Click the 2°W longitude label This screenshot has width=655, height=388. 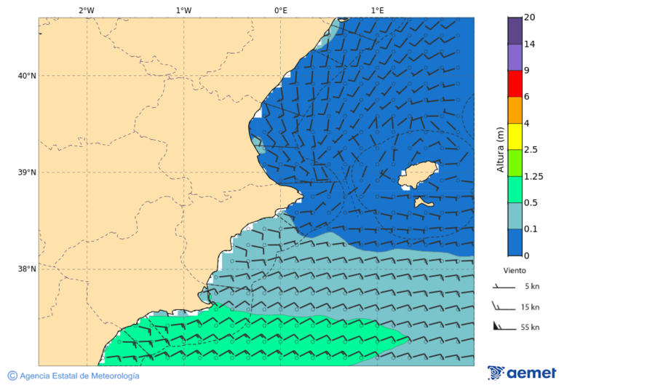tap(86, 10)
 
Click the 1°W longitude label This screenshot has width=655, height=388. tap(183, 10)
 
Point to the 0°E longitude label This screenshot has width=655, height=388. tap(280, 10)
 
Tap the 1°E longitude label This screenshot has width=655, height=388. tap(377, 10)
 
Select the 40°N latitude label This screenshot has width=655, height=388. tap(26, 76)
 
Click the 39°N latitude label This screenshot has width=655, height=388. tap(26, 173)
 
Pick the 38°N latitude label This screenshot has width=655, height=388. tap(26, 269)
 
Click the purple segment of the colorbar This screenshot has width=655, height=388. tap(515, 57)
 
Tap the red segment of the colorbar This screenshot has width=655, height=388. tap(515, 83)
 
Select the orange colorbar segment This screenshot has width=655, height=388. tap(515, 110)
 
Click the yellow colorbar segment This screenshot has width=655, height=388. tap(515, 136)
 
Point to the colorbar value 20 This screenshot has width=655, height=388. tap(529, 18)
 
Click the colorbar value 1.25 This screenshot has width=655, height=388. tap(533, 176)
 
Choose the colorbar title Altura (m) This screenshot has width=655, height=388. tap(500, 149)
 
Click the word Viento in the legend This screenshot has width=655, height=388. tap(515, 270)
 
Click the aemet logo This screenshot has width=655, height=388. tap(522, 373)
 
